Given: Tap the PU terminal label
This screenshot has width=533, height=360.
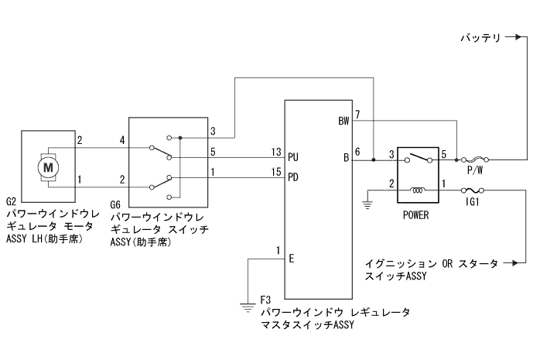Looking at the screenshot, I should (x=293, y=156).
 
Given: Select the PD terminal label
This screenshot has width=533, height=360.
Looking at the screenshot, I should (x=293, y=177).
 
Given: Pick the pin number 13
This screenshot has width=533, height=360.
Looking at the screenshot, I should (x=275, y=151).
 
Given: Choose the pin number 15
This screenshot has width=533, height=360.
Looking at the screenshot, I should (x=275, y=172).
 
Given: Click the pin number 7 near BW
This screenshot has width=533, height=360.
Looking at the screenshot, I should (x=357, y=115).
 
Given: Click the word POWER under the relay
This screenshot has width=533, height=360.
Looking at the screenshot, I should (x=415, y=216).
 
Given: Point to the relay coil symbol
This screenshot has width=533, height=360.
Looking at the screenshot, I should (x=418, y=188).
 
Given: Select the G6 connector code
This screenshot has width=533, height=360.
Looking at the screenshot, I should (x=116, y=205).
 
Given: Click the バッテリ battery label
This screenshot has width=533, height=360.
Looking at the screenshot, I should (x=480, y=36).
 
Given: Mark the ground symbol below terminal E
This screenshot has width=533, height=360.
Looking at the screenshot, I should (x=248, y=306).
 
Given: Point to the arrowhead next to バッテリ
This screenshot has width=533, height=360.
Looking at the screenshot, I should (x=513, y=36).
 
